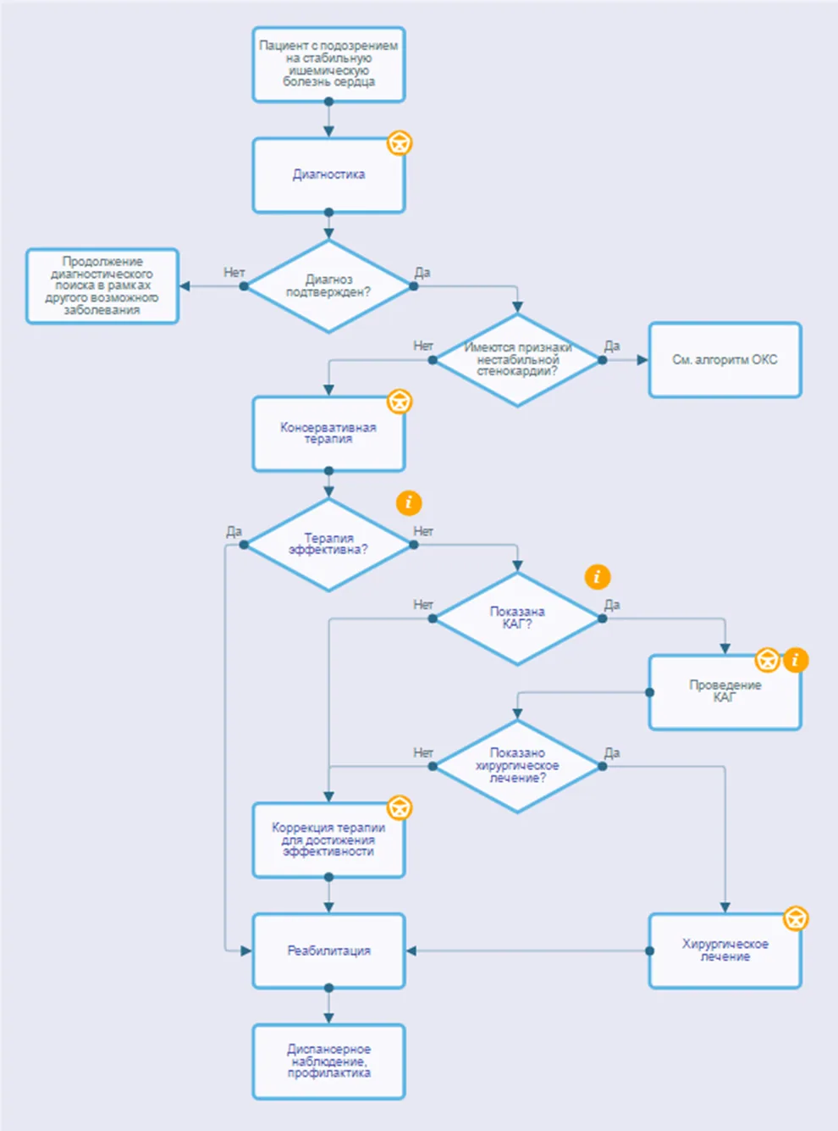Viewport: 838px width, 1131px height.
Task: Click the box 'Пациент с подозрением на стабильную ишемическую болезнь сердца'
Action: [x=328, y=64]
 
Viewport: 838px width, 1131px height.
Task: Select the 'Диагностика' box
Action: [x=328, y=175]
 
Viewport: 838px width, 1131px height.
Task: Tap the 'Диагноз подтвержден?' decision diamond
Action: [x=328, y=286]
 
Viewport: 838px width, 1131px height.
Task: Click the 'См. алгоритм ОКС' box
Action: [x=725, y=360]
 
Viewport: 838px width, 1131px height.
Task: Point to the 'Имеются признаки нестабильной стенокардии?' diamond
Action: [x=517, y=360]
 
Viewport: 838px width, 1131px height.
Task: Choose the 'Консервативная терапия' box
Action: [x=328, y=434]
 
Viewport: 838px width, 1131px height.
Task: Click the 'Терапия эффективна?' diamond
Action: [x=328, y=545]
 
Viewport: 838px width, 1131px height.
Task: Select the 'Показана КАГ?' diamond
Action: [x=517, y=618]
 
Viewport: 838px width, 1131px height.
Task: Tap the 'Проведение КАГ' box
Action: [x=725, y=692]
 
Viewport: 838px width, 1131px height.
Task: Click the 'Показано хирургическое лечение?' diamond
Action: [x=517, y=766]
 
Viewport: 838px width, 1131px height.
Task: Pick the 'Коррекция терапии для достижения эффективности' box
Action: [x=328, y=840]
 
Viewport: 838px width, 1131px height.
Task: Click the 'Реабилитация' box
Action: [x=328, y=951]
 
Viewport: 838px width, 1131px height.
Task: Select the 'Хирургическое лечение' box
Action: [x=725, y=951]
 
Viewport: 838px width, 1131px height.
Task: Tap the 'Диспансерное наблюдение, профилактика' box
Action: [x=328, y=1062]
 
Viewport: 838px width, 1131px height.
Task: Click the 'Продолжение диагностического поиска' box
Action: [x=102, y=286]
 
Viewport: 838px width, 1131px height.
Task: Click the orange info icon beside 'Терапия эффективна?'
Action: [x=409, y=502]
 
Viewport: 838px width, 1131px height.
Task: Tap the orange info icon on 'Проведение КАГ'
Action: [x=795, y=660]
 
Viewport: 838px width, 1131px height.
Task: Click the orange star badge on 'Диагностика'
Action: [x=400, y=143]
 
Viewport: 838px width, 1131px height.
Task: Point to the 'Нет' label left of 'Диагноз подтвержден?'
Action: [x=234, y=272]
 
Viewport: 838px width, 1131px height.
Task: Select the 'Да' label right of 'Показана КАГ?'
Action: [x=612, y=605]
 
